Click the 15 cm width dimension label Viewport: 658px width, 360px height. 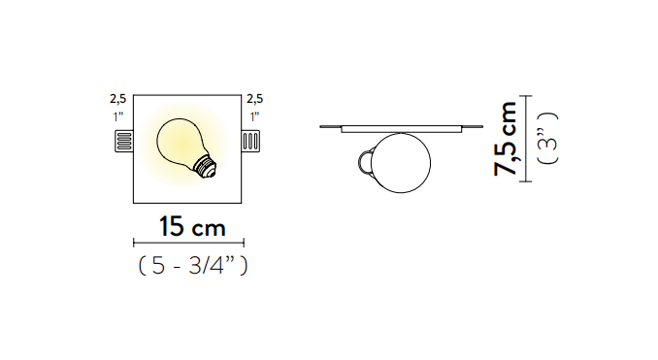pos(192,226)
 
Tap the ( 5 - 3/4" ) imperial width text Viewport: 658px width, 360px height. pos(193,265)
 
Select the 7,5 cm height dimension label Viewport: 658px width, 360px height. pos(505,139)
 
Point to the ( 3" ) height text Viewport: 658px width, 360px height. pos(548,139)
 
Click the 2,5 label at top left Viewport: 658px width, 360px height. pos(118,99)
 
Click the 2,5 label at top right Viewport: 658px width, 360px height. pos(254,99)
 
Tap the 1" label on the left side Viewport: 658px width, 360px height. pos(118,116)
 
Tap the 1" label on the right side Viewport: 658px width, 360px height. pos(254,116)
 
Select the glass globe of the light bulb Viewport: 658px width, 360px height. pos(179,141)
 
